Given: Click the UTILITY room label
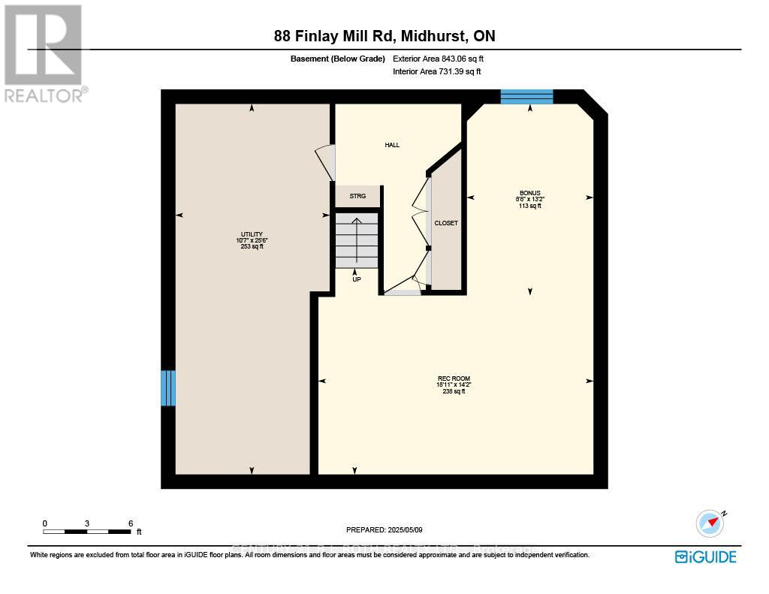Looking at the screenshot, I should point(252,234).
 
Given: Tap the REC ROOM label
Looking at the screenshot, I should point(454,378).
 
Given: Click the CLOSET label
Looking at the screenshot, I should point(446,223).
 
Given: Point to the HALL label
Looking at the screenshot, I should point(392,145).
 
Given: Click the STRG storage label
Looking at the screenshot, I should point(357,197).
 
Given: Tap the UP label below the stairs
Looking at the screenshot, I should point(357,279).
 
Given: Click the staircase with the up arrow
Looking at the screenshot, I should point(357,240).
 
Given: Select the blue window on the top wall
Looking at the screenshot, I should point(526,96).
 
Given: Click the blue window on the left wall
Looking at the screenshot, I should point(168,387).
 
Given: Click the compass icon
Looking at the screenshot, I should point(710,523).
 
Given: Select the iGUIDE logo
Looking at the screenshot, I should point(705,556).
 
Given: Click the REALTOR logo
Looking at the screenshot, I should point(44,53).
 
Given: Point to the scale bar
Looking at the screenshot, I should point(87,532).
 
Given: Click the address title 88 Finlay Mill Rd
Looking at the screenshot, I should point(384,36).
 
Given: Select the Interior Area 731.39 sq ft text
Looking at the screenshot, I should point(436,71).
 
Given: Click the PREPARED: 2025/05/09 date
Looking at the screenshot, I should point(384,530).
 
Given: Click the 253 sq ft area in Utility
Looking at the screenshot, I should point(252,246).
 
